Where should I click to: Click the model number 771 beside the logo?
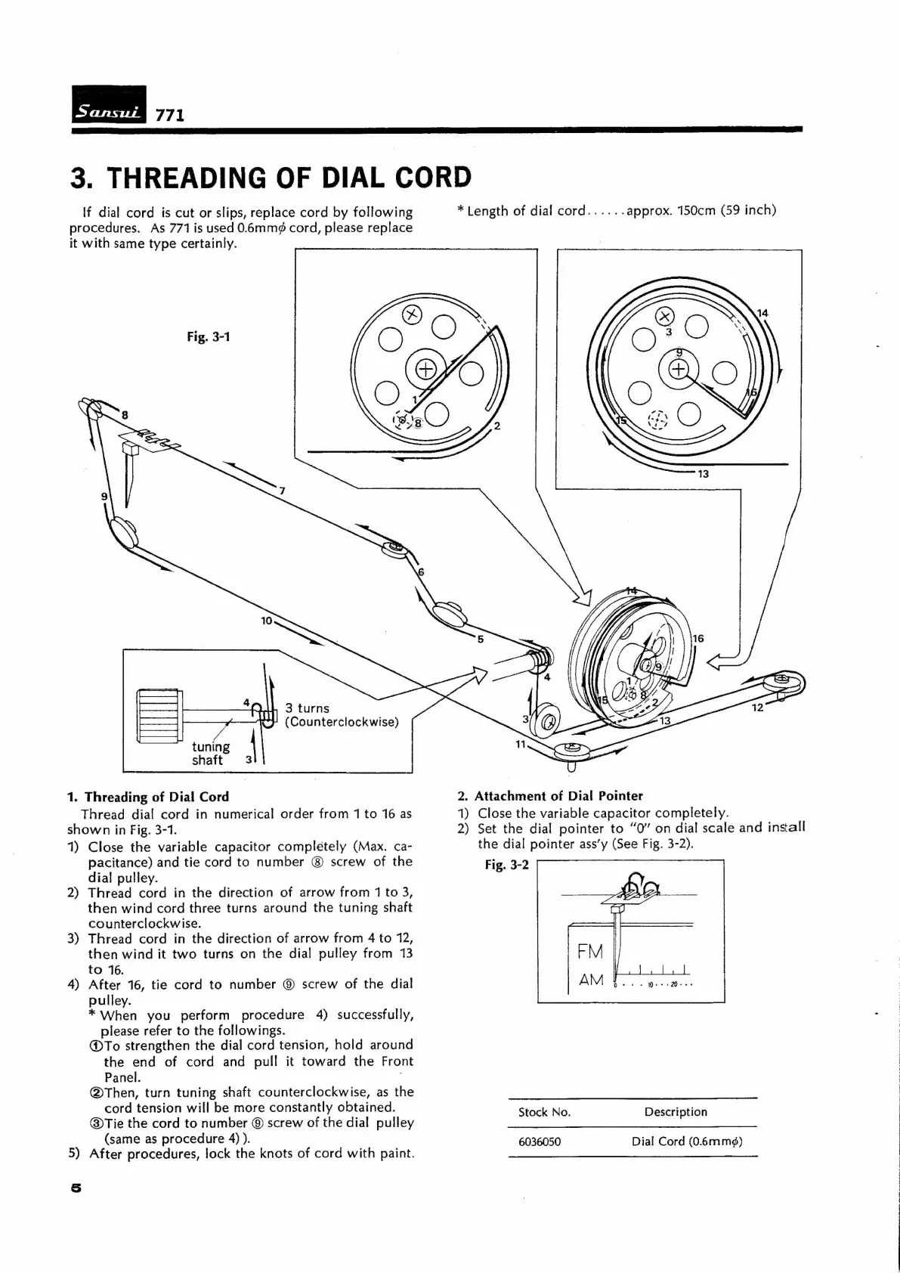click(170, 116)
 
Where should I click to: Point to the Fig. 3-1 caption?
click(209, 336)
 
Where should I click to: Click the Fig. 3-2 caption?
click(507, 865)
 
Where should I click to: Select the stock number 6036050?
click(540, 1141)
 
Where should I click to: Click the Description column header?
click(676, 1112)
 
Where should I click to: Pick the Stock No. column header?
click(544, 1112)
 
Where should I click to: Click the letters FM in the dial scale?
click(590, 952)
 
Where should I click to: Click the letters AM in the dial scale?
click(590, 980)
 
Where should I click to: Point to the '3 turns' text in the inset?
click(308, 708)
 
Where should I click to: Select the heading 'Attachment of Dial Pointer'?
click(558, 796)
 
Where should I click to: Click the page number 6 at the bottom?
click(75, 1188)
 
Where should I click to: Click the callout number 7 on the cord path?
click(282, 491)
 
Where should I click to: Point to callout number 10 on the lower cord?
click(266, 621)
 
